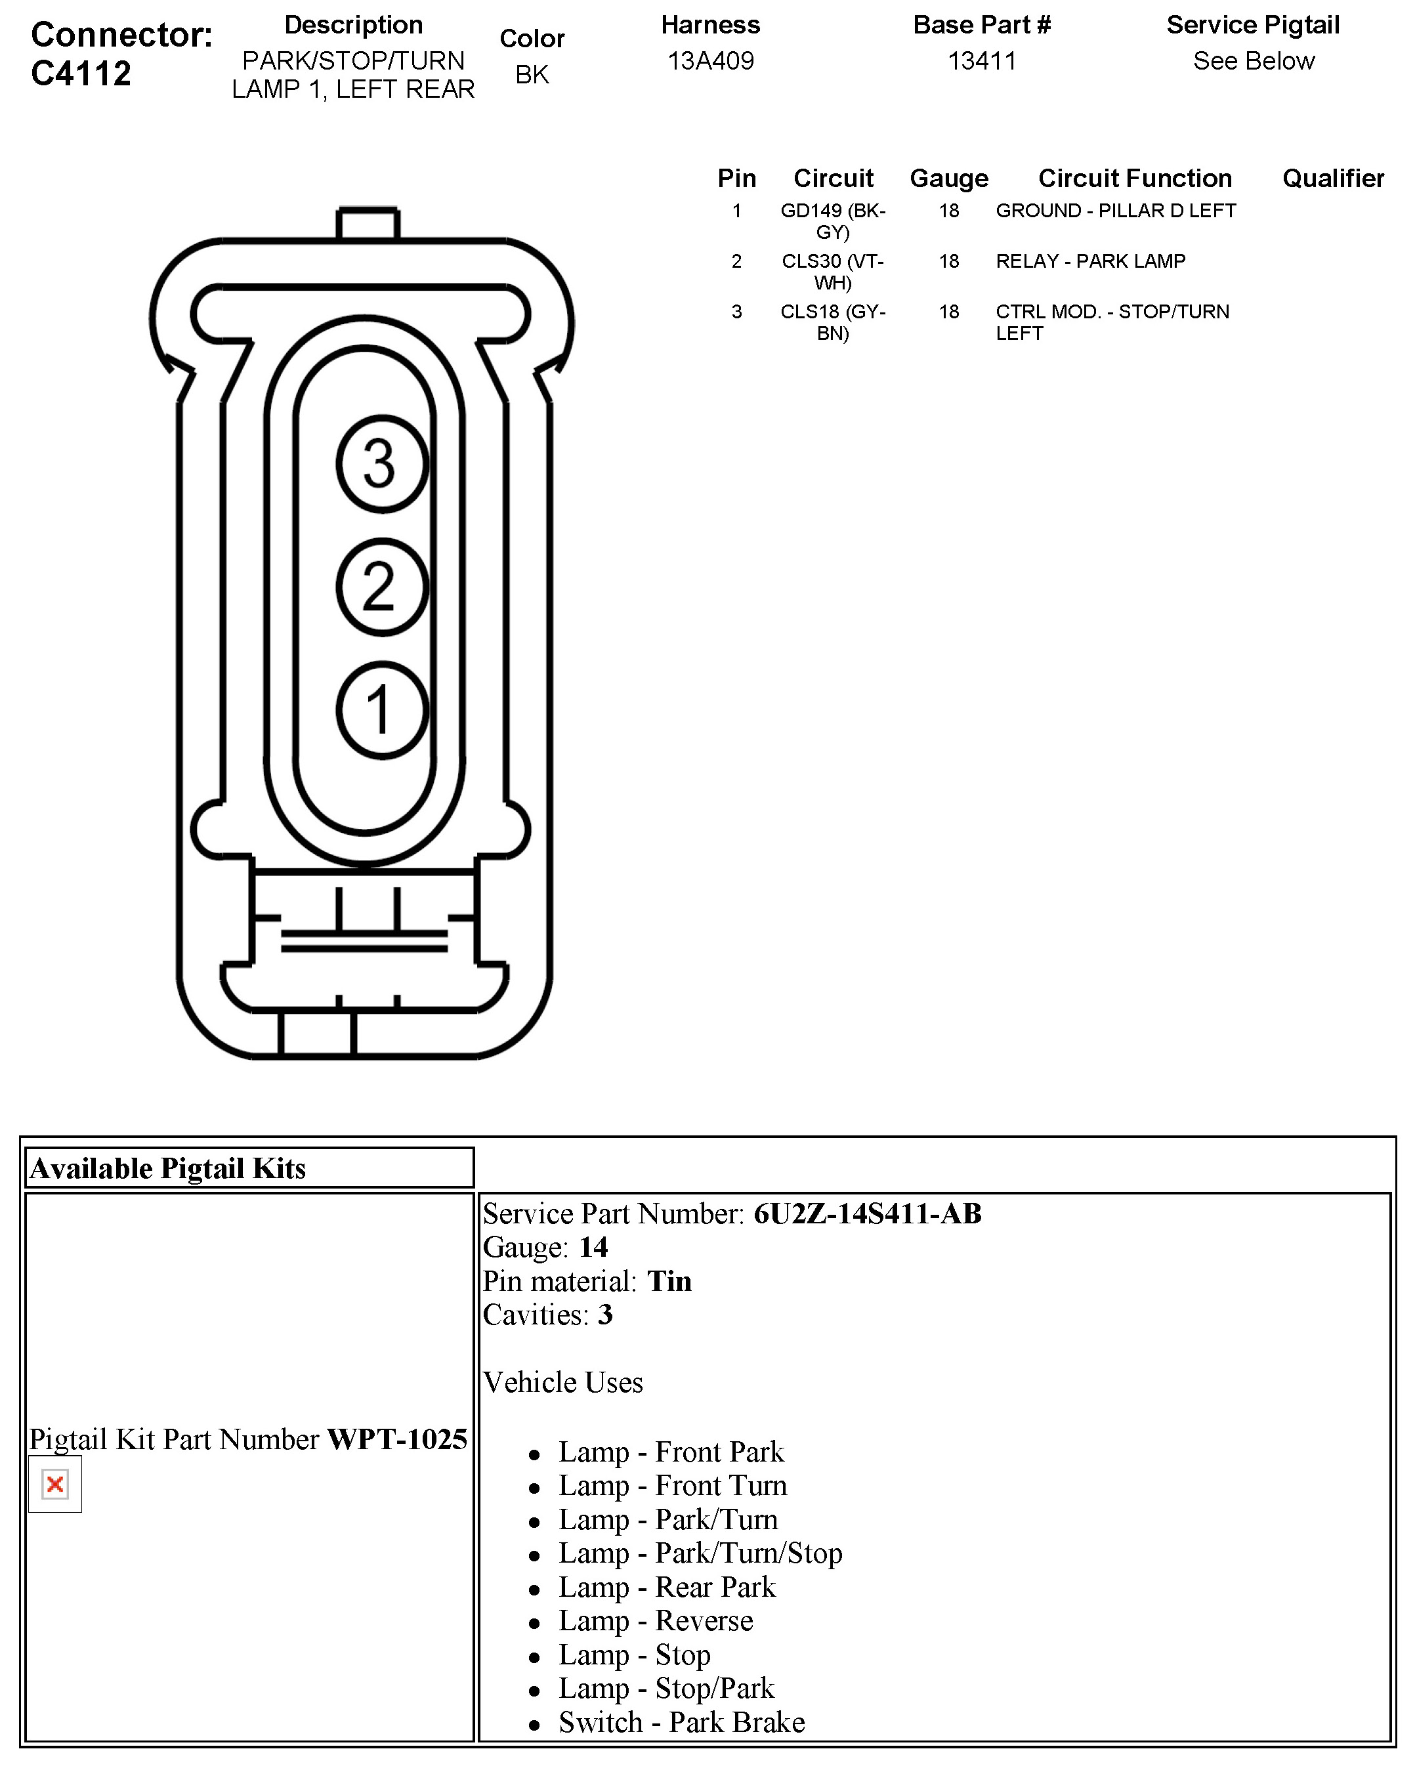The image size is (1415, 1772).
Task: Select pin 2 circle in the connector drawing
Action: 382,587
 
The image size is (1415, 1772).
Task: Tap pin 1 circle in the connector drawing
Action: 382,710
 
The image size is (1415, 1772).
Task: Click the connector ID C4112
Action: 81,74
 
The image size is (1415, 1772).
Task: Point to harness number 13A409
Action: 710,61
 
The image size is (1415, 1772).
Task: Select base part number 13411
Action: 982,61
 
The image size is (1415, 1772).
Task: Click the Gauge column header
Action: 949,179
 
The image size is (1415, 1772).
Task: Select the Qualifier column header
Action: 1333,179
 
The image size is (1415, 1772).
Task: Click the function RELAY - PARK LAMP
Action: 1090,261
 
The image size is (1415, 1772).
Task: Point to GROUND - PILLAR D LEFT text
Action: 1115,211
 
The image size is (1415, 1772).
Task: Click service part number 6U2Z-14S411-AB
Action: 867,1214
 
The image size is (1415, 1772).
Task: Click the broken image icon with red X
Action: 55,1485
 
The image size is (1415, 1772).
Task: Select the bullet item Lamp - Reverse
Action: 656,1621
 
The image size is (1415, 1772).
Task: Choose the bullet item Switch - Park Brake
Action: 681,1722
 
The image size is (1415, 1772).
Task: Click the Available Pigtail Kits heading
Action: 167,1168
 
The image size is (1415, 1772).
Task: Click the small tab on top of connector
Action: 368,224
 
